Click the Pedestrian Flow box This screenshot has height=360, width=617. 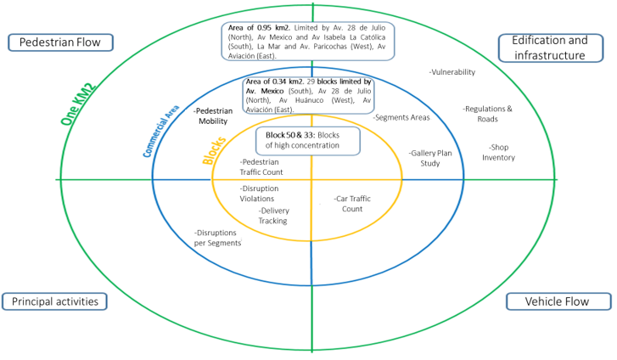click(x=59, y=42)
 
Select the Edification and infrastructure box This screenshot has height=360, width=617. click(x=554, y=48)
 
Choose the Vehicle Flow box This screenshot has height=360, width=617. click(x=557, y=301)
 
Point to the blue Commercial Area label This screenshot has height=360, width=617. click(x=160, y=132)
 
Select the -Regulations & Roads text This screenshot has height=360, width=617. click(x=487, y=114)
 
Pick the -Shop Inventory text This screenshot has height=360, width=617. click(x=498, y=152)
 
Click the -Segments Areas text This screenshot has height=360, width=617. click(x=401, y=117)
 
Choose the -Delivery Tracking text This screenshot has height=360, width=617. click(x=272, y=216)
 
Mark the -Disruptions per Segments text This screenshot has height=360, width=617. click(x=217, y=237)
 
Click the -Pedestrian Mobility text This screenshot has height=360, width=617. click(x=213, y=116)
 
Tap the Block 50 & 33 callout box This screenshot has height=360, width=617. click(x=308, y=140)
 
